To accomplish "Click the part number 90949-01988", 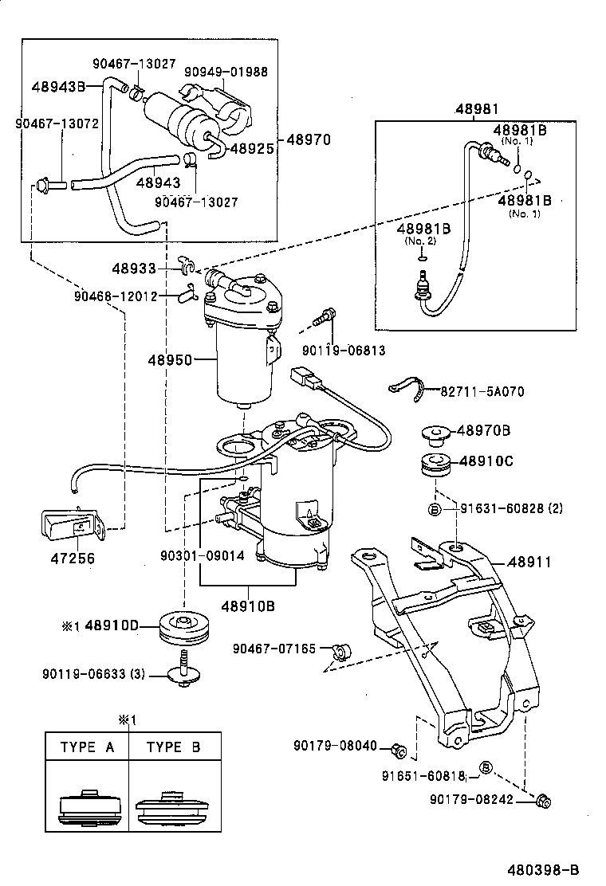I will (226, 72).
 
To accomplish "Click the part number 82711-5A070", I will (482, 391).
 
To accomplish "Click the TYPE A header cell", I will (87, 747).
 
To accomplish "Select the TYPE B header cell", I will (174, 747).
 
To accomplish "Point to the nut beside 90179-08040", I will (400, 749).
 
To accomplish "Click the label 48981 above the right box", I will (476, 109).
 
